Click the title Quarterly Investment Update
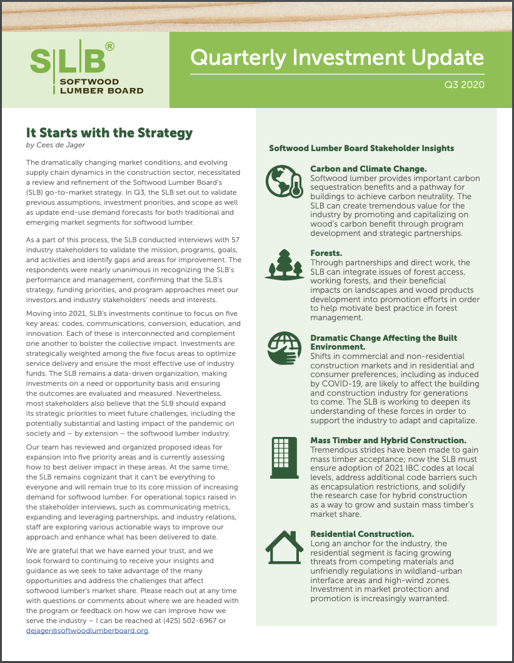pos(337,57)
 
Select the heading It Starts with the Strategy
pos(109,133)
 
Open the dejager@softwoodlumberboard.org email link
pos(88,630)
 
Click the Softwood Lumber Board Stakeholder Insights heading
pos(361,149)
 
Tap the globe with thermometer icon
pos(285,182)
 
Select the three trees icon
pos(285,263)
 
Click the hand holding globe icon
pos(285,348)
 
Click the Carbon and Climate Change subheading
pos(369,169)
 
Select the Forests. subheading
pos(326,253)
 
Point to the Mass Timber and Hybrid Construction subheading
pos(388,441)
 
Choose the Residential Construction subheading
pos(363,534)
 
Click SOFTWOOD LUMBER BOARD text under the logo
pos(101,86)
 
